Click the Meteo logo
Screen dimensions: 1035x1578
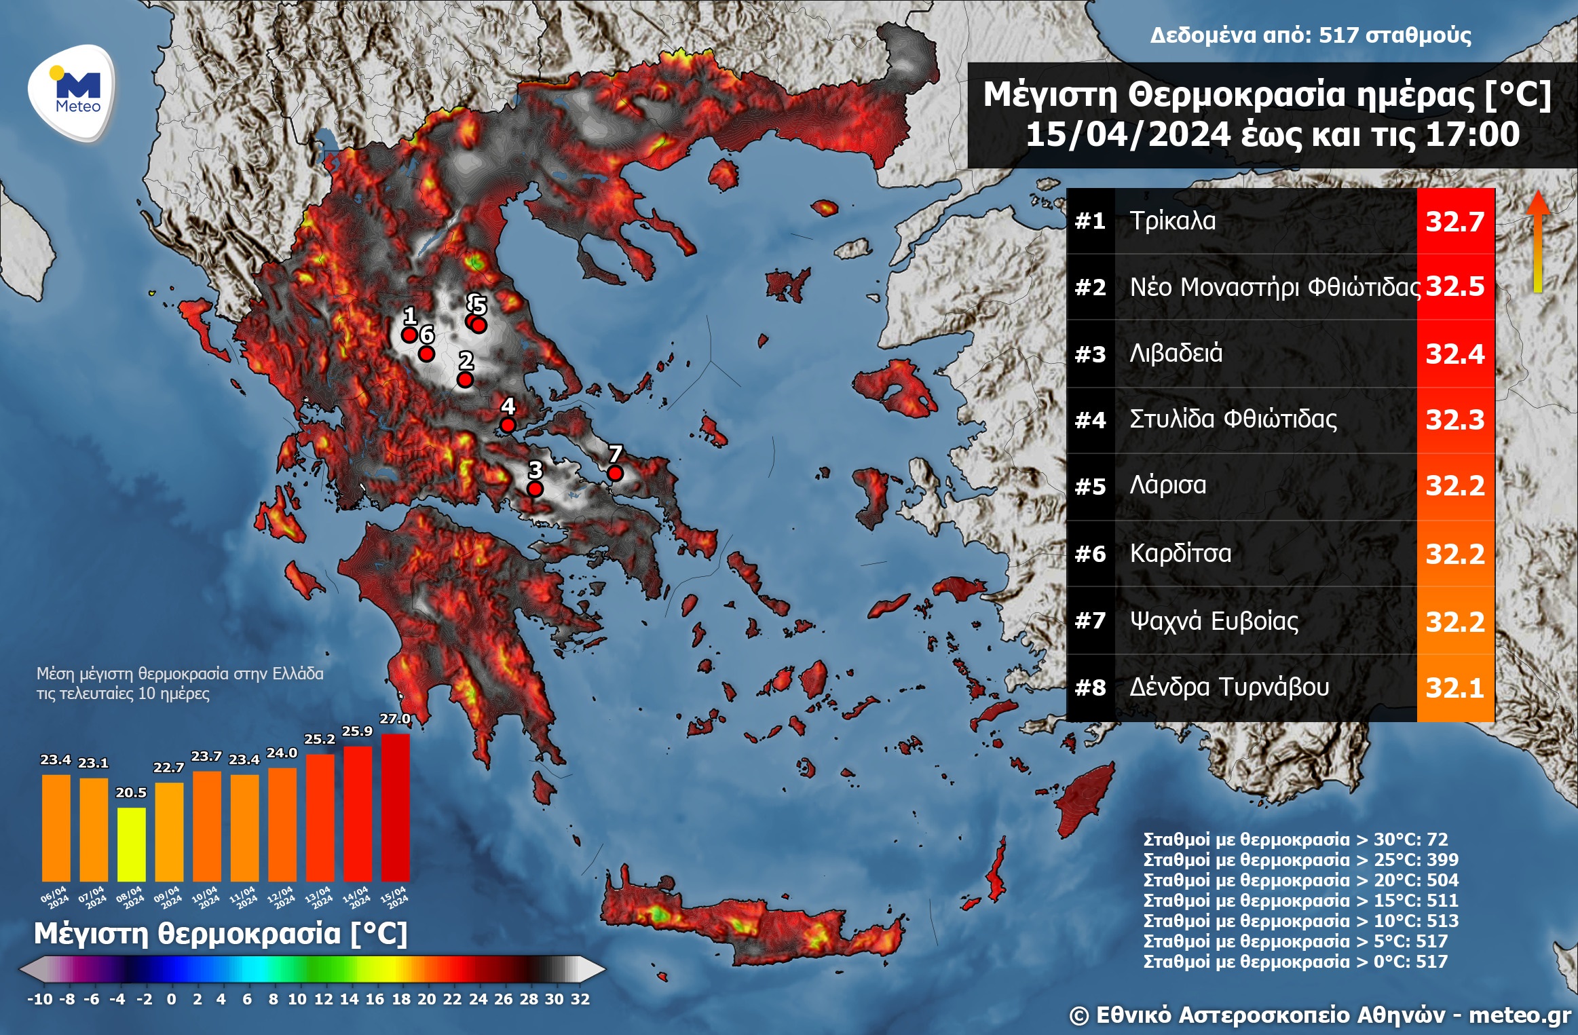[x=72, y=92]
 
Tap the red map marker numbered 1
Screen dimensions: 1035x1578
[x=409, y=335]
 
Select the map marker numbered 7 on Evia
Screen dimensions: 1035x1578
[x=615, y=473]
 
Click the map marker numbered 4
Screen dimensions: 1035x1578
[x=508, y=426]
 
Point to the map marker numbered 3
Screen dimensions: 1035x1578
[x=536, y=489]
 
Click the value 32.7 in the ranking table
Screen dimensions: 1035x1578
[x=1454, y=222]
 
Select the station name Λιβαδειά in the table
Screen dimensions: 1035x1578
[x=1176, y=354]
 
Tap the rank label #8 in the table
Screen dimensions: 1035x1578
[x=1090, y=688]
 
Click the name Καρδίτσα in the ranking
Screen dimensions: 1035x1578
[x=1180, y=554]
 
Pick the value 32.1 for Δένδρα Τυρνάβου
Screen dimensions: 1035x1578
[x=1454, y=688]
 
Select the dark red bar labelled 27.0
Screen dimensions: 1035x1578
[x=395, y=808]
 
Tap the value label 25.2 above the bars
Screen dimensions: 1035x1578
[x=319, y=739]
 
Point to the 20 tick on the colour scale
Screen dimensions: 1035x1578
[x=426, y=999]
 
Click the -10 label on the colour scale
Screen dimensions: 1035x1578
[x=39, y=999]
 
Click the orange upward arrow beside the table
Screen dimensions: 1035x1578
[x=1538, y=241]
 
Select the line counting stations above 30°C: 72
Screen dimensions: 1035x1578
[x=1295, y=840]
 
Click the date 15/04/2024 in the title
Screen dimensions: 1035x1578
[x=1127, y=134]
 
